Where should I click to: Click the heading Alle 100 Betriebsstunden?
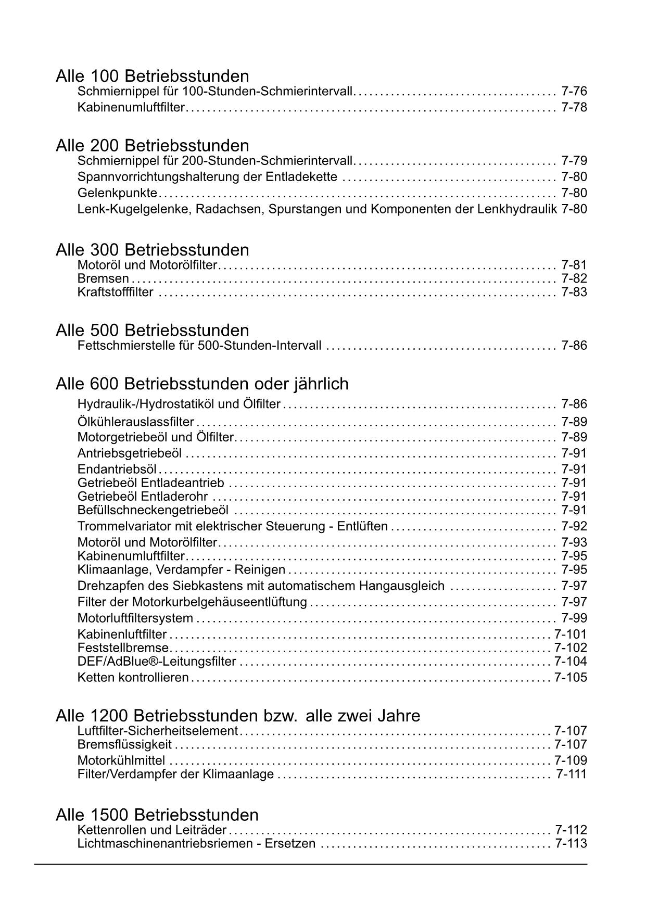(x=152, y=76)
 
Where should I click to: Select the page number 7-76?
(x=574, y=92)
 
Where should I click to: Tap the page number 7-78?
(x=574, y=108)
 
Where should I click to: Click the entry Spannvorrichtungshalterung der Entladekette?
(x=207, y=177)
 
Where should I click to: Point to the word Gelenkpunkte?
(x=117, y=193)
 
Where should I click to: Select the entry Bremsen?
(x=103, y=278)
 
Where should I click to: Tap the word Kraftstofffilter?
(x=116, y=292)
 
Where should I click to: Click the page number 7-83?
(x=574, y=292)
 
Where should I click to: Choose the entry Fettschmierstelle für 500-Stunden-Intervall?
(x=199, y=346)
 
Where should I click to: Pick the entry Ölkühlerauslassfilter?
(x=136, y=422)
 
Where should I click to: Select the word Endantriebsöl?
(x=117, y=469)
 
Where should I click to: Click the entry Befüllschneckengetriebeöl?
(x=153, y=510)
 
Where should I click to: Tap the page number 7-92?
(x=574, y=526)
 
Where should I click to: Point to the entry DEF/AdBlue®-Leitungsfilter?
(x=157, y=662)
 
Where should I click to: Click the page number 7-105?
(x=571, y=678)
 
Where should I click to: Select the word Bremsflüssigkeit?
(x=124, y=744)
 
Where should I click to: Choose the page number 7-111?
(x=572, y=774)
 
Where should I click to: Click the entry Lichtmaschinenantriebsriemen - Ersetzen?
(x=196, y=843)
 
